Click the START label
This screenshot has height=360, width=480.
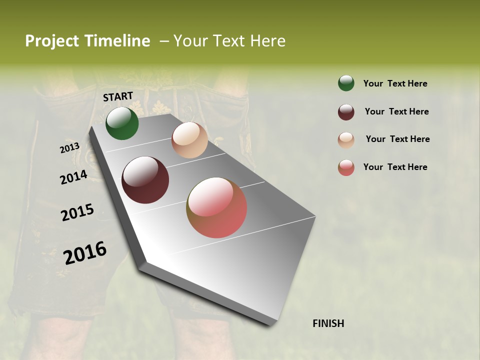(118, 96)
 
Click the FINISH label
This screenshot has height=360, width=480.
(328, 323)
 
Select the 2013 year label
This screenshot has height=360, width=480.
(69, 148)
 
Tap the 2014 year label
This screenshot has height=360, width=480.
(73, 177)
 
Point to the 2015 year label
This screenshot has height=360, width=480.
(77, 212)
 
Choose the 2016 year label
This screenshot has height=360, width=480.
(85, 253)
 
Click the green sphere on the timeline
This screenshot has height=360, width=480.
(122, 123)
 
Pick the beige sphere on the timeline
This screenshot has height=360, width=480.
(189, 140)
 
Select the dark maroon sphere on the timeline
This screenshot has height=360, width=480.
(145, 180)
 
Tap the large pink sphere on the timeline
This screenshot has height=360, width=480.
(216, 207)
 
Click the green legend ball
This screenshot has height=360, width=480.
(346, 83)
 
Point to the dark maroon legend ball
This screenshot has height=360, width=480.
(346, 112)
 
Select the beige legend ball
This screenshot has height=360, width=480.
(346, 140)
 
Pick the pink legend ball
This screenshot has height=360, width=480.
(346, 167)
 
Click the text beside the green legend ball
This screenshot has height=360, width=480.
(395, 83)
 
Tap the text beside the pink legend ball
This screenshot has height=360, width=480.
(395, 167)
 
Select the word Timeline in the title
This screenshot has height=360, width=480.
(117, 41)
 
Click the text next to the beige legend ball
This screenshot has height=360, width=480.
(397, 139)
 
